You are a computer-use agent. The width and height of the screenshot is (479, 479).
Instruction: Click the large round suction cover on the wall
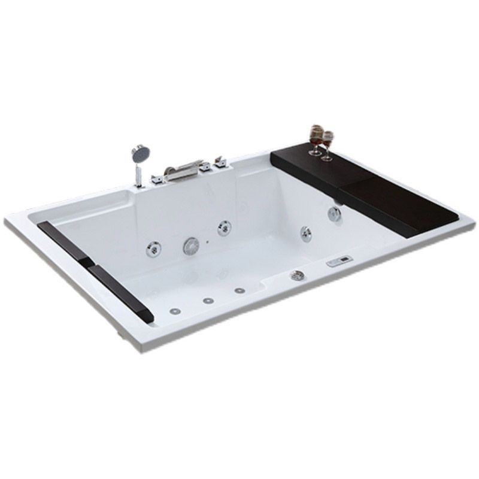click(192, 244)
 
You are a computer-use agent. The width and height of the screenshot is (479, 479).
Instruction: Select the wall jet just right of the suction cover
click(225, 227)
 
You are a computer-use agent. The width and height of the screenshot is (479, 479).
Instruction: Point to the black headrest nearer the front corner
click(120, 290)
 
